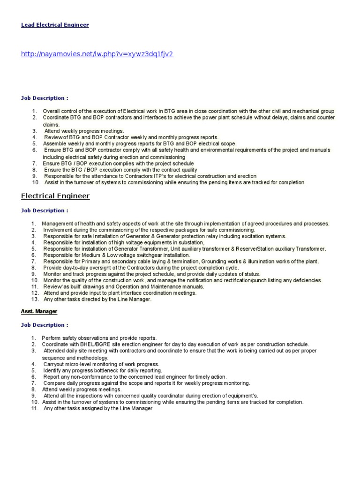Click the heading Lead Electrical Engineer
coord(55,25)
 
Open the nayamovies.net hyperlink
coord(97,54)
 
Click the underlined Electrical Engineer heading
coord(55,196)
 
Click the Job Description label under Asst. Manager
coord(44,325)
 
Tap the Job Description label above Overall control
coord(44,98)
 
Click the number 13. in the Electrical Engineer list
coord(35,299)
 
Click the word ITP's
coord(160,176)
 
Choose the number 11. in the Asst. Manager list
coord(35,408)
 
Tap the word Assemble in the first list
coord(55,143)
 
